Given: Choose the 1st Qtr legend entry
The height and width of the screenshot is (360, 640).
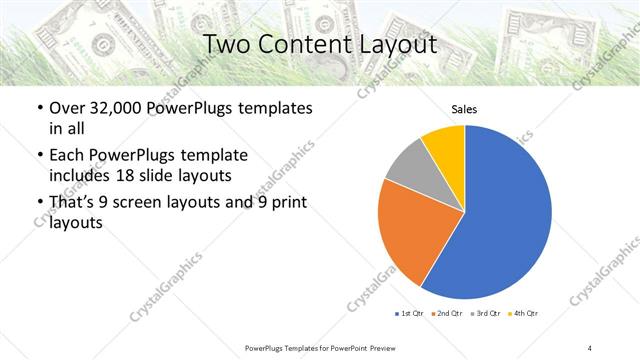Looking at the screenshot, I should click(x=408, y=314).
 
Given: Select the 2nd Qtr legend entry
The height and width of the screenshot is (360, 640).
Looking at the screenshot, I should click(x=445, y=314).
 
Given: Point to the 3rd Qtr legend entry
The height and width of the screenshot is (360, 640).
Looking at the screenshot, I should click(x=484, y=314).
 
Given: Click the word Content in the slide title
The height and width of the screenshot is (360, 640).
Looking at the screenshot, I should click(x=319, y=46).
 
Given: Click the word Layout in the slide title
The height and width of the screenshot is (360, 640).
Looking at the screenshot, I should click(x=400, y=46).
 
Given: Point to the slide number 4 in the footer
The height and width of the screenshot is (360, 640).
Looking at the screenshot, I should click(x=590, y=347).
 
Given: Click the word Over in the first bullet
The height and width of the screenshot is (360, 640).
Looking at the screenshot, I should click(x=67, y=108).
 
